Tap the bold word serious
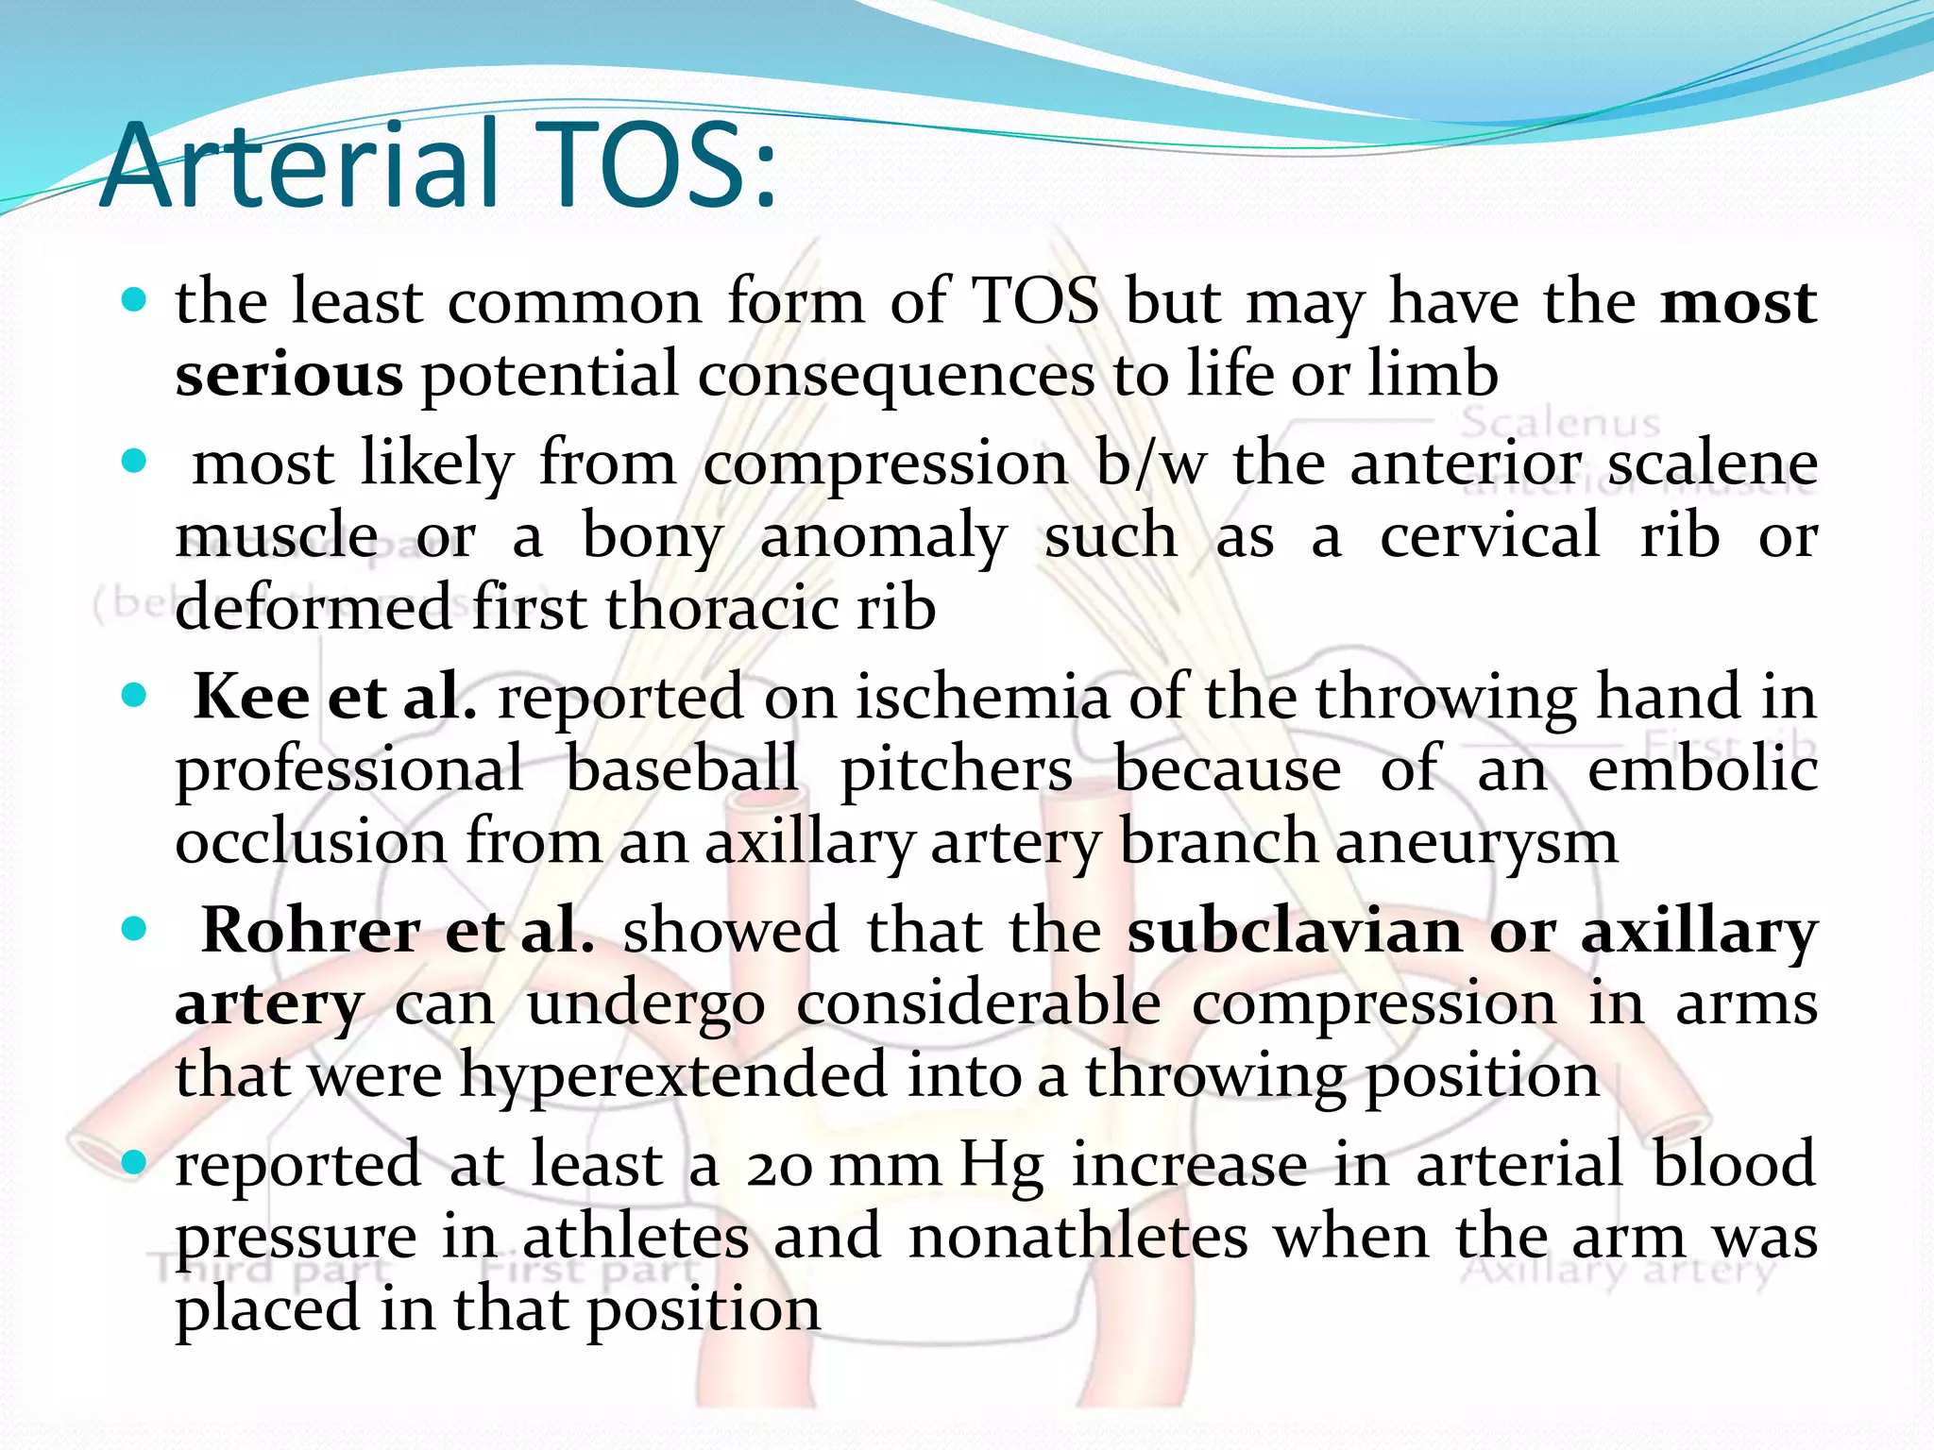coord(289,375)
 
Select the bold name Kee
coord(251,698)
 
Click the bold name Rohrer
coord(311,931)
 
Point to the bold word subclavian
coord(1295,931)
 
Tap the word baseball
coord(682,768)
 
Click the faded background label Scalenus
coord(1560,422)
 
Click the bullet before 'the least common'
coord(135,301)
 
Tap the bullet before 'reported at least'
coord(135,1162)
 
